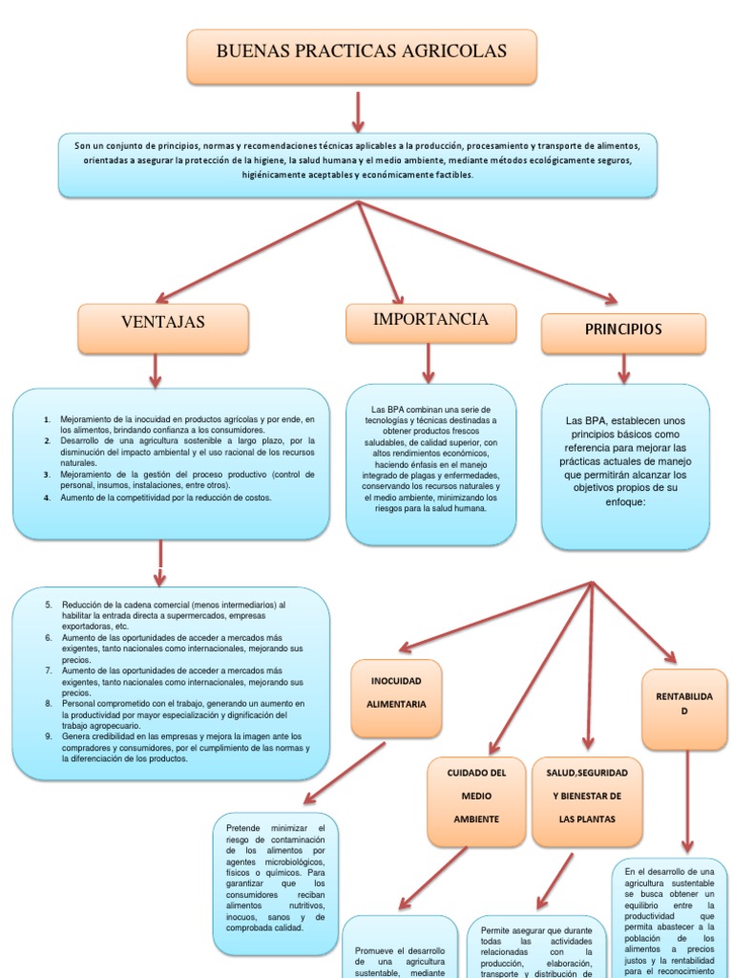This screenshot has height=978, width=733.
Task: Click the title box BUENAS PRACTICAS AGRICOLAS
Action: pos(361,55)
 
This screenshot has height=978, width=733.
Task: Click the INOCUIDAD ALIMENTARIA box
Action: pos(396,698)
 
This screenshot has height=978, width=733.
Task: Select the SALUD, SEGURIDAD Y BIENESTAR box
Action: pos(586,801)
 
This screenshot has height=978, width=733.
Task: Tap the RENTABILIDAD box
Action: pos(684,709)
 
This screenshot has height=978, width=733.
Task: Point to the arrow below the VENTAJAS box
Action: pos(155,369)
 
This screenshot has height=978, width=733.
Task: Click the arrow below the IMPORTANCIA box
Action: pos(429,363)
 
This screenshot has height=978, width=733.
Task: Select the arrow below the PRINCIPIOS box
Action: pos(623,368)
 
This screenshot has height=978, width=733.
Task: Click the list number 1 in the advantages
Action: pos(47,419)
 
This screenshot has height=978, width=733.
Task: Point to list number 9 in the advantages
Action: pos(48,736)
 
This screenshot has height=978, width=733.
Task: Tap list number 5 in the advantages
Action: pos(48,605)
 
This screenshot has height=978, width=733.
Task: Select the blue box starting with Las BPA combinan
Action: pos(429,463)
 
